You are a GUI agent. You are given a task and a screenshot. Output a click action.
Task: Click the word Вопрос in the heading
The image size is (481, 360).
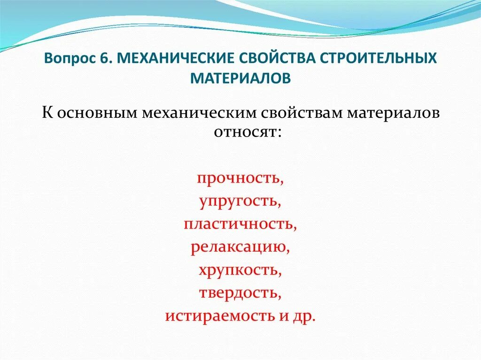(70, 60)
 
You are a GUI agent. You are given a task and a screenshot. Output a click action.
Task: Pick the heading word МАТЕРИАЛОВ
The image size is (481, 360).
(240, 77)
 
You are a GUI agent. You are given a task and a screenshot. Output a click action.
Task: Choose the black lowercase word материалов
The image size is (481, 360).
(389, 114)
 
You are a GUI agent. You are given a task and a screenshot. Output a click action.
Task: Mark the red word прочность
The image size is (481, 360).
(240, 179)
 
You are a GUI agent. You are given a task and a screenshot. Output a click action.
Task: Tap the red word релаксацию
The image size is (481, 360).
(240, 247)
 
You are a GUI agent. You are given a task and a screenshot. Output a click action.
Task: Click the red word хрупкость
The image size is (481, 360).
(240, 270)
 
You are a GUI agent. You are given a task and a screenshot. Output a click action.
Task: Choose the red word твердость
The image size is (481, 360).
(240, 292)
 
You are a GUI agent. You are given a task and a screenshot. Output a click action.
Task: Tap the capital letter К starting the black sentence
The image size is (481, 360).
(47, 114)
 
